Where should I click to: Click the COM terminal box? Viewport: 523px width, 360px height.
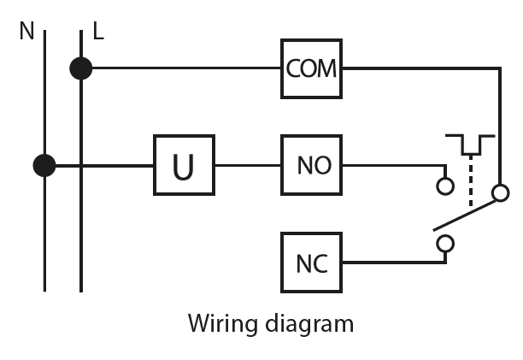(311, 68)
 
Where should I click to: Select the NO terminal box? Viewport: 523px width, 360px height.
(312, 165)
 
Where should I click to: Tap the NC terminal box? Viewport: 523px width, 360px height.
(312, 263)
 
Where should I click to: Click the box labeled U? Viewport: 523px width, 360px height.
(184, 166)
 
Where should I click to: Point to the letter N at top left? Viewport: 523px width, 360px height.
(27, 32)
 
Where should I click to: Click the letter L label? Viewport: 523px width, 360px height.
(98, 32)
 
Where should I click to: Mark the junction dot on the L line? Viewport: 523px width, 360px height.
(81, 68)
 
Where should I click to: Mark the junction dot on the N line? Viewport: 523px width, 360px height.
(44, 165)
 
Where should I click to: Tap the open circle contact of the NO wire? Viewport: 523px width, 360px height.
(444, 186)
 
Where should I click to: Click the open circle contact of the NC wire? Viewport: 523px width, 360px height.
(444, 245)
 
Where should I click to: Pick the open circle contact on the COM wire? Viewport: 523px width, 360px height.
(500, 192)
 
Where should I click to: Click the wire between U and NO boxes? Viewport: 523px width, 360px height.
(248, 166)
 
